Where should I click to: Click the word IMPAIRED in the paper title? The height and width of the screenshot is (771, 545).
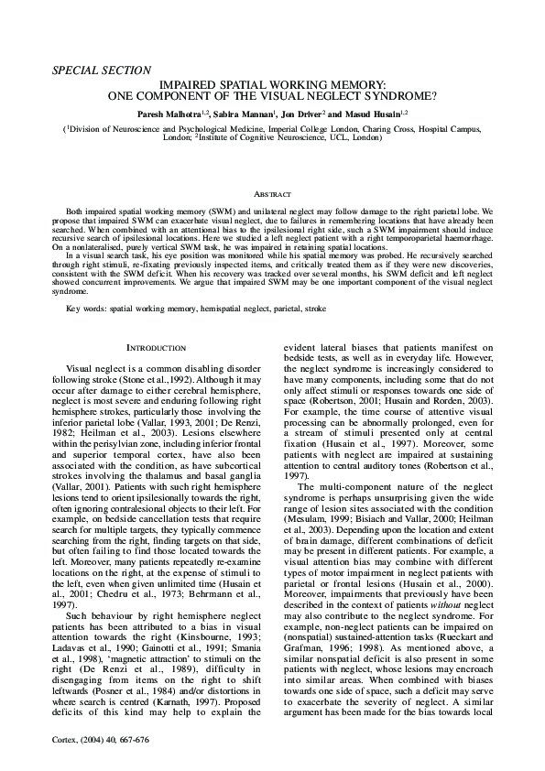point(206,82)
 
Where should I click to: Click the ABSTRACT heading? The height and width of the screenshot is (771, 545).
point(272,195)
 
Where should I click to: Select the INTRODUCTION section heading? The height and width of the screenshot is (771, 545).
point(157,349)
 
